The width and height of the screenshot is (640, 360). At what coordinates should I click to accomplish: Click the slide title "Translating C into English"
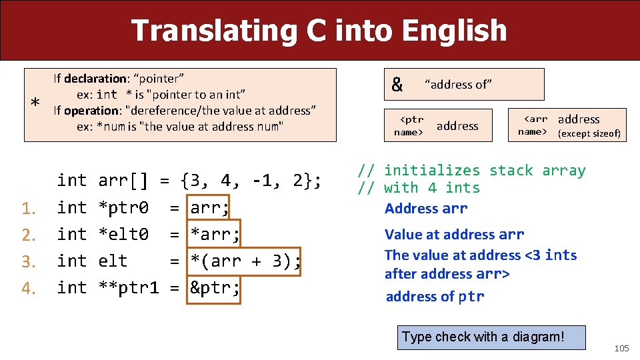(x=319, y=31)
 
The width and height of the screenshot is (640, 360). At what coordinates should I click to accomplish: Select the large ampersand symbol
(x=397, y=85)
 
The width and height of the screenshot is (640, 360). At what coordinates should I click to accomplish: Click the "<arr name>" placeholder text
(x=533, y=125)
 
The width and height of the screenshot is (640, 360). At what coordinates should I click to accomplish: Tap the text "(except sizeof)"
(x=589, y=133)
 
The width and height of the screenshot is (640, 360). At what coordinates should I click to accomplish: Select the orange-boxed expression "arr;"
(x=209, y=208)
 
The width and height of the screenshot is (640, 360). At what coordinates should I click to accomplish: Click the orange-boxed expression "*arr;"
(x=214, y=235)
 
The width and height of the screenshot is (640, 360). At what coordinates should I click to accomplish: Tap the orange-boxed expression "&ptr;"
(x=214, y=288)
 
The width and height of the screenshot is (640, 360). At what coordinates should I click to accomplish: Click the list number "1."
(x=28, y=209)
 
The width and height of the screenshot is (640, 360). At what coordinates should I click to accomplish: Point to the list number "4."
(x=28, y=289)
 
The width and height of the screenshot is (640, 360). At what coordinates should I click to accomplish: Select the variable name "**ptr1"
(x=129, y=288)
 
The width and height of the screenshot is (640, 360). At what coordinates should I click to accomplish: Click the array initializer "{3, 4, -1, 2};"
(x=251, y=181)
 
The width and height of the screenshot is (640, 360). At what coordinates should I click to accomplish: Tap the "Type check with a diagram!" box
(x=483, y=337)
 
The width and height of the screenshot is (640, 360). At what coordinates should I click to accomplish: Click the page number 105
(x=621, y=349)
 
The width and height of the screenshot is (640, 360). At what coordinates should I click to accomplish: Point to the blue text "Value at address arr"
(x=454, y=234)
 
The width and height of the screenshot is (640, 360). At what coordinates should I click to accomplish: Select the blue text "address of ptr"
(x=435, y=297)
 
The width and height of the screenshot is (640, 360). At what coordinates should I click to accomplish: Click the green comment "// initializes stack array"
(x=471, y=171)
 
